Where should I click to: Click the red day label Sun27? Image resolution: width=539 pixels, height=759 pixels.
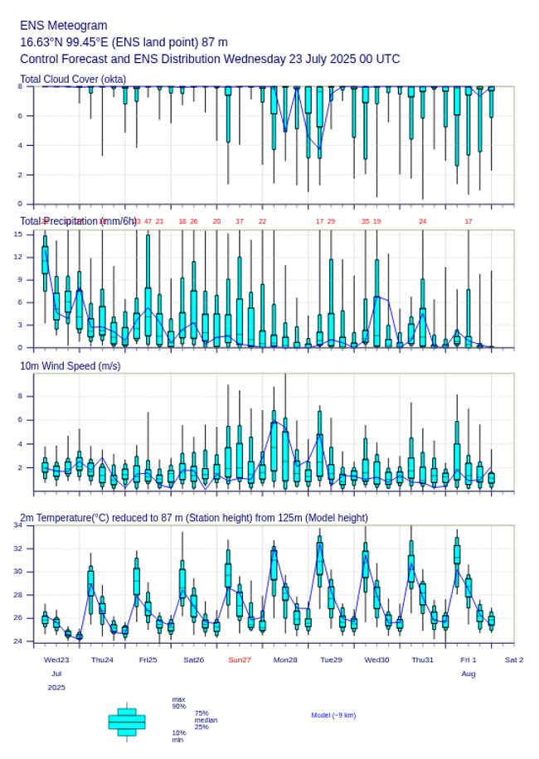[240, 660]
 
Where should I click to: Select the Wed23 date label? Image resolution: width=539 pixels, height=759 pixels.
[56, 660]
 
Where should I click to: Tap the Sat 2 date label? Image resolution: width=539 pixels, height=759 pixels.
[514, 660]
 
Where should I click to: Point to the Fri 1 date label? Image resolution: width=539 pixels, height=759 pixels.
[469, 660]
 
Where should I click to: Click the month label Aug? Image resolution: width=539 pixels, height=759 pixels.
[469, 674]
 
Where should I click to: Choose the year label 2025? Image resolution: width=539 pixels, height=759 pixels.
[56, 688]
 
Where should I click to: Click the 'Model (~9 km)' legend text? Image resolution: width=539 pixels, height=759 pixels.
[333, 715]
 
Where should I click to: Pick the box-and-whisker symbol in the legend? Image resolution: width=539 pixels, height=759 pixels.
[127, 722]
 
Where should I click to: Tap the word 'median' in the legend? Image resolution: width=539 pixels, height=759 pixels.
[206, 720]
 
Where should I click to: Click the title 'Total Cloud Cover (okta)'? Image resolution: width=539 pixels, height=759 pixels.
[73, 80]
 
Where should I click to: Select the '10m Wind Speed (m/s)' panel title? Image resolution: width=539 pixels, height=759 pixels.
[70, 365]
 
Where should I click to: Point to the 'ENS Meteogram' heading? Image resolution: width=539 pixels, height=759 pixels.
[63, 26]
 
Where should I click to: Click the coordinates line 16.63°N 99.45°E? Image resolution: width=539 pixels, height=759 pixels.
[124, 42]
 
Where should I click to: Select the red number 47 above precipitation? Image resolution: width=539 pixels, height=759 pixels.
[148, 221]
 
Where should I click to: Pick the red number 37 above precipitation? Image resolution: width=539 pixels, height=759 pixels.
[240, 221]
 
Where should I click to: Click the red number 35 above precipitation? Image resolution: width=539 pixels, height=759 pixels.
[365, 221]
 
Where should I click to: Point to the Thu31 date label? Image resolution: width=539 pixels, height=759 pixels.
[423, 660]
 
